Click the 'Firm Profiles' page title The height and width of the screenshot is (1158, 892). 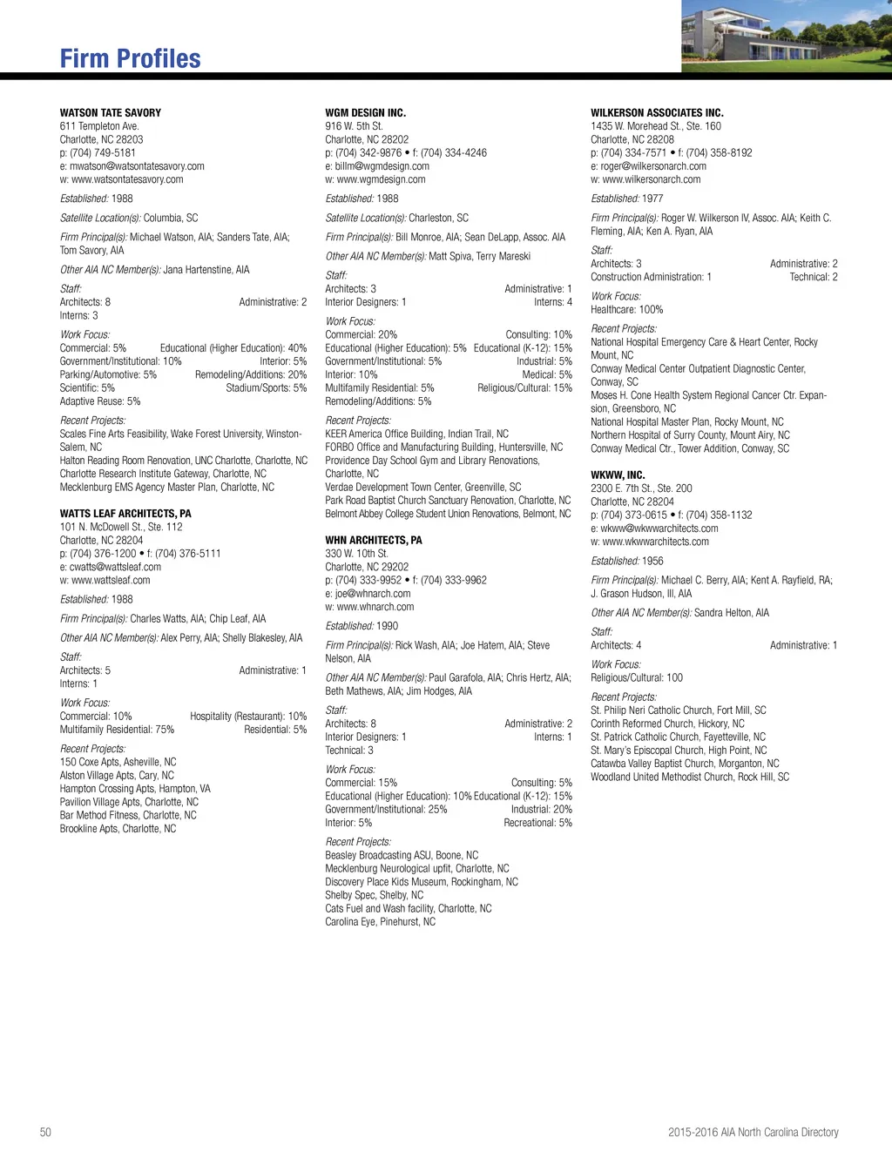(x=130, y=58)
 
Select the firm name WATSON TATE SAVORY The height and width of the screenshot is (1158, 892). (x=111, y=113)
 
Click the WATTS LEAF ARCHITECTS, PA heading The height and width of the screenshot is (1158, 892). (x=125, y=514)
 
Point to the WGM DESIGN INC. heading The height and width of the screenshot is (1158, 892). (x=365, y=113)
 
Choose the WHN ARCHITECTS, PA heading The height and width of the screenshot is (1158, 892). (x=374, y=541)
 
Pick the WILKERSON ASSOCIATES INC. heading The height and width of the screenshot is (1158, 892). (x=657, y=113)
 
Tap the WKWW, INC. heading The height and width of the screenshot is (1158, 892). (x=618, y=475)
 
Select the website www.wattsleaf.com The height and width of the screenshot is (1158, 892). (x=111, y=581)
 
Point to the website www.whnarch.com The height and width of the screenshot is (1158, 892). (x=375, y=607)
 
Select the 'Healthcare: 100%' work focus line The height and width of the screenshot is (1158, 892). (x=627, y=310)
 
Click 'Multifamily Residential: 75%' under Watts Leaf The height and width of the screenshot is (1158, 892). (x=117, y=730)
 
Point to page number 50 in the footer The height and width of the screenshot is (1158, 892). (x=45, y=1133)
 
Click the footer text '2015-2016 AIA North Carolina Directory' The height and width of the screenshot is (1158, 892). (x=753, y=1133)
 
